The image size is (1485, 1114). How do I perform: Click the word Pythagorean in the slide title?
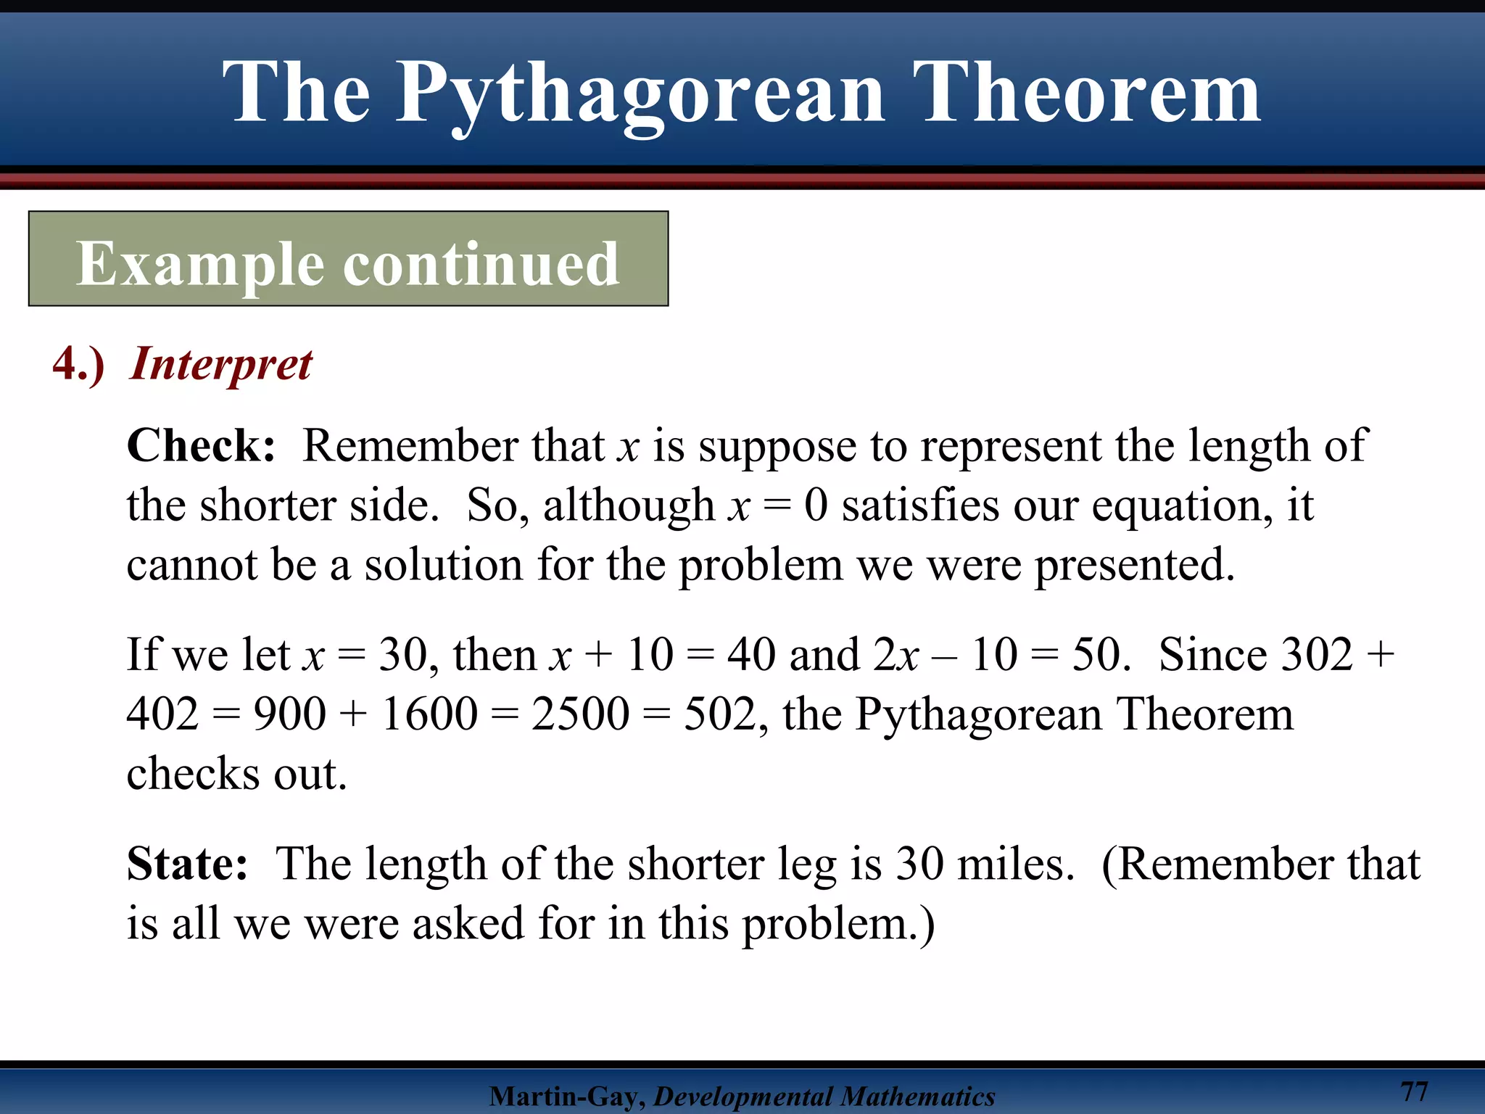(x=640, y=94)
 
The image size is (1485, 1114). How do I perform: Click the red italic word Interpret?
(x=220, y=364)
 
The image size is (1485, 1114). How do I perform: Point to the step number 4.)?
(x=78, y=364)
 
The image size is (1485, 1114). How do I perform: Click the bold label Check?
(x=201, y=445)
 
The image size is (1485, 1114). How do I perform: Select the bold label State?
(x=187, y=864)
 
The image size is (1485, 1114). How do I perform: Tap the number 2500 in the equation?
(x=580, y=714)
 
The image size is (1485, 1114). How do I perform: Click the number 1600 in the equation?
(x=429, y=714)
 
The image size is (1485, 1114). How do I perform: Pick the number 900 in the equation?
(x=289, y=714)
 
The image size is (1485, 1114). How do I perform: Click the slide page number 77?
(x=1414, y=1091)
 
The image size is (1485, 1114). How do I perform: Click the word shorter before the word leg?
(x=695, y=864)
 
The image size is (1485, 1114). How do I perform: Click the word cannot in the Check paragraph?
(x=191, y=565)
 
